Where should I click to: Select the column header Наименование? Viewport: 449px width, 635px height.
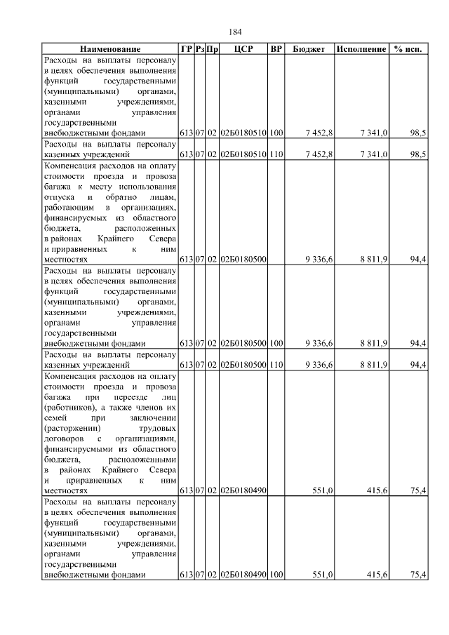pos(110,49)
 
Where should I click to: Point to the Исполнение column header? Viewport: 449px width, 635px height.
pos(361,49)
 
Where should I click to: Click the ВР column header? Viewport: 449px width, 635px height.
pos(276,49)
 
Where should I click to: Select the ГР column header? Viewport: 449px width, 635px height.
pos(186,49)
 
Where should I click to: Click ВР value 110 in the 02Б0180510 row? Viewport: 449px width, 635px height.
pos(276,154)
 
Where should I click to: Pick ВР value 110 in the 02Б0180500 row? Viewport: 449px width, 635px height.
pos(276,365)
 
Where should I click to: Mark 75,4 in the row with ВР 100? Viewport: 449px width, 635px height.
pos(418,575)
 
